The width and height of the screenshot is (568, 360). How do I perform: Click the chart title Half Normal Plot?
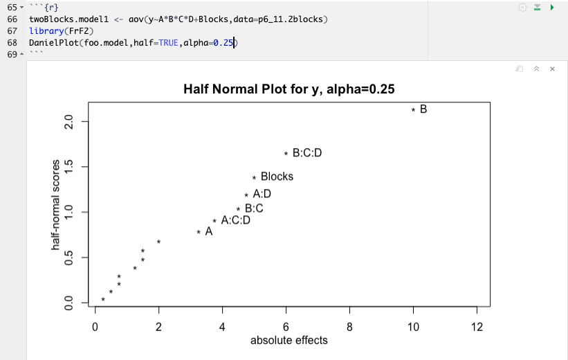point(289,89)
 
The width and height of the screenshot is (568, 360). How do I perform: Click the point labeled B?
point(413,109)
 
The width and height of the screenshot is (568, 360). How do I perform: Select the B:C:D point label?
point(307,153)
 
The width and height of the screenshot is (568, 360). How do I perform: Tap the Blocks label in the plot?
point(277,177)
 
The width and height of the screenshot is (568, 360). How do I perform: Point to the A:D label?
point(262,195)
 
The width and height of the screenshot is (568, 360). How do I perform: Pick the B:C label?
point(254,208)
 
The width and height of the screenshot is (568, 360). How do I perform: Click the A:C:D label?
point(235,220)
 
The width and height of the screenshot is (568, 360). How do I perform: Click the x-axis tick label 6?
point(286,327)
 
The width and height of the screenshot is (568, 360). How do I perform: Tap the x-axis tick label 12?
point(477,327)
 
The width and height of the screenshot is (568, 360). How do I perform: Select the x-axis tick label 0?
point(95,327)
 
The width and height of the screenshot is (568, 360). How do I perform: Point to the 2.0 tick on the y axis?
point(68,122)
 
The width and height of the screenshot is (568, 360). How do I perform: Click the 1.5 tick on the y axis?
point(68,167)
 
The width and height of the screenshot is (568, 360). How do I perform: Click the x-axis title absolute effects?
point(288,341)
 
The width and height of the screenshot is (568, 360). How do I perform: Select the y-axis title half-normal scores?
point(55,205)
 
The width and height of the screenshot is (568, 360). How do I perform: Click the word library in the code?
point(44,31)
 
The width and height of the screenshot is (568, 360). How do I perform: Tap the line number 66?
point(12,19)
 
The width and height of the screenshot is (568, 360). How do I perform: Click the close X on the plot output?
point(552,69)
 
